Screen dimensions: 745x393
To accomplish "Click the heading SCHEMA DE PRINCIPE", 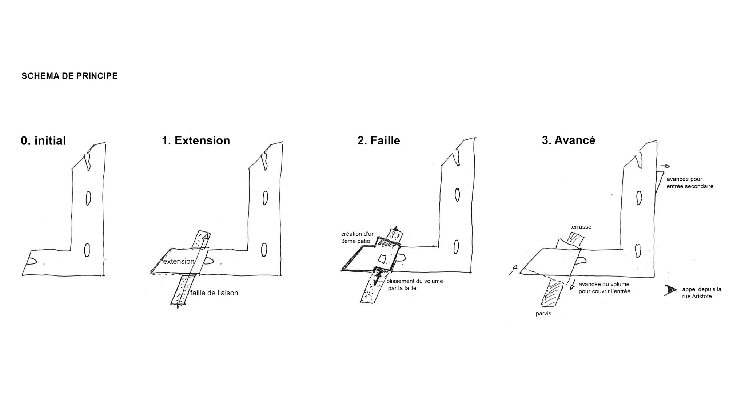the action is coord(69,76).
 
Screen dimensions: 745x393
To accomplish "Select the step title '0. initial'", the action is coord(43,141).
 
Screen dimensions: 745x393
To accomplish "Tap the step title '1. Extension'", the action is coord(196,140).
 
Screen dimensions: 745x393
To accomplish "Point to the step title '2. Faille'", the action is coord(379,140).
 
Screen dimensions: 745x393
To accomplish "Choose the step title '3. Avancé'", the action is coord(569,140).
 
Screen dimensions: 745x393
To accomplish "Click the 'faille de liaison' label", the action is coord(214,293).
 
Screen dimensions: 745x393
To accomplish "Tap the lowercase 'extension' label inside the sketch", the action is coord(179,261).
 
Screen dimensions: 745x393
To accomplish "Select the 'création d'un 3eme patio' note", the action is coord(358,238).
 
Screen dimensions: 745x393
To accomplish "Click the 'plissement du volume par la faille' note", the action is coord(415,285).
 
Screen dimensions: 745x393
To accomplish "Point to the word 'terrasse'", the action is coord(581,227).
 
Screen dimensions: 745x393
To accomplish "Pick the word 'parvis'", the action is coord(543,314).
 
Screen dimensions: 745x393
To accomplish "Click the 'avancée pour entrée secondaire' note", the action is coord(690,183).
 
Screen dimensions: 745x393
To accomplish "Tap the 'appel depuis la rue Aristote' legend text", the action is coord(702,293).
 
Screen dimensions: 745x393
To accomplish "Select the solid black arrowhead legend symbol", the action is coord(670,290).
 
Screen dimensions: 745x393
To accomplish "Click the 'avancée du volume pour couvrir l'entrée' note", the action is coord(604,288).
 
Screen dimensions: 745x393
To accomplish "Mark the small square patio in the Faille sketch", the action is coord(382,259).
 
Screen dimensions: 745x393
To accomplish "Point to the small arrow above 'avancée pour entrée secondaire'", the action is coord(665,166).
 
